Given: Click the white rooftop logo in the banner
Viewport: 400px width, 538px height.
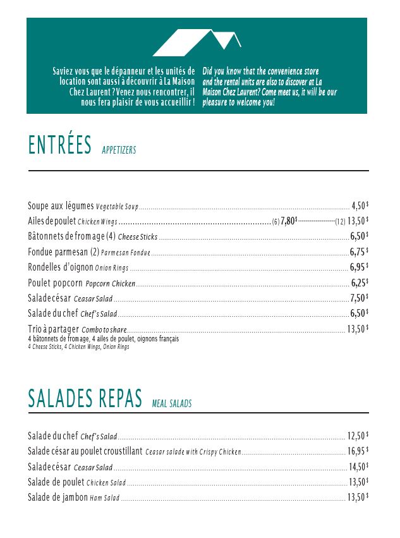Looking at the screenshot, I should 197,42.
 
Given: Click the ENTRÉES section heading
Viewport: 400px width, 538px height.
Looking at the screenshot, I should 60,145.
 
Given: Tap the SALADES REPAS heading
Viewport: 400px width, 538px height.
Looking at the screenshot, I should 85,399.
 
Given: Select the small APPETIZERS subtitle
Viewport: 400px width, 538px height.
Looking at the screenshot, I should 119,150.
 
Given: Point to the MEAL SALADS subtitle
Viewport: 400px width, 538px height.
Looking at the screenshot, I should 172,403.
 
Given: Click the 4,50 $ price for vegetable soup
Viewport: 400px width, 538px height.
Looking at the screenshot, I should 360,205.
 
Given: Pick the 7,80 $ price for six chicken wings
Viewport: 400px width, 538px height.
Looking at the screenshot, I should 289,221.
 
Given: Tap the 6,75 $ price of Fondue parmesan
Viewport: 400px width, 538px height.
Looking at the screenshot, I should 359,252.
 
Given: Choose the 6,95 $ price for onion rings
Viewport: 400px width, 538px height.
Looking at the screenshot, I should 359,267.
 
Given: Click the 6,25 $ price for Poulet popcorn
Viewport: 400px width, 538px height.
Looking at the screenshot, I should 360,283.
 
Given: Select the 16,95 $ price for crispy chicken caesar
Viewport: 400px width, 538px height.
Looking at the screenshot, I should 358,451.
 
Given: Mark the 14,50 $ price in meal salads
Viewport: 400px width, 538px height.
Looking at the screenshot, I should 358,467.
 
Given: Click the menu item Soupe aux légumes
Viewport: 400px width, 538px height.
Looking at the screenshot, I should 61,206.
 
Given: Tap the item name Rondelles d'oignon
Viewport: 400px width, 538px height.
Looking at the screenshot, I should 61,267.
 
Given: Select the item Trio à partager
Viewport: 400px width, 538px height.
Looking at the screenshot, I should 53,329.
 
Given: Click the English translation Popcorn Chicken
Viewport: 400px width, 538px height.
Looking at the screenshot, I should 111,283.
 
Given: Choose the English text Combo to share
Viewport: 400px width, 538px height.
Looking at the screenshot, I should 104,329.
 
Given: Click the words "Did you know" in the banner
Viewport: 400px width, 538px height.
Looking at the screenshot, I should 222,71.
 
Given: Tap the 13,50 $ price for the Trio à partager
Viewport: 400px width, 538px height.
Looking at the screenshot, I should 358,329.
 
